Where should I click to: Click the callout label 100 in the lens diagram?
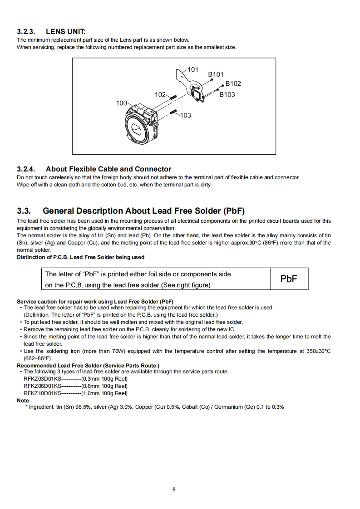click(x=122, y=103)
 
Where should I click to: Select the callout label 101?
click(x=193, y=70)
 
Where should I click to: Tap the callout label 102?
click(x=160, y=95)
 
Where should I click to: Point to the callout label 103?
click(x=185, y=115)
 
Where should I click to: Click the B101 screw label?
click(x=216, y=74)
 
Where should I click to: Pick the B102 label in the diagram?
click(x=233, y=83)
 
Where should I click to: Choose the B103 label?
click(x=227, y=94)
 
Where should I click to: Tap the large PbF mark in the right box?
click(x=289, y=279)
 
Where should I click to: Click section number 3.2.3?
click(x=26, y=32)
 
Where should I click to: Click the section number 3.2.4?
click(x=26, y=169)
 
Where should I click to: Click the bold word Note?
click(x=23, y=401)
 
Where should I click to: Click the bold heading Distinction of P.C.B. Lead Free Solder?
click(x=80, y=257)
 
